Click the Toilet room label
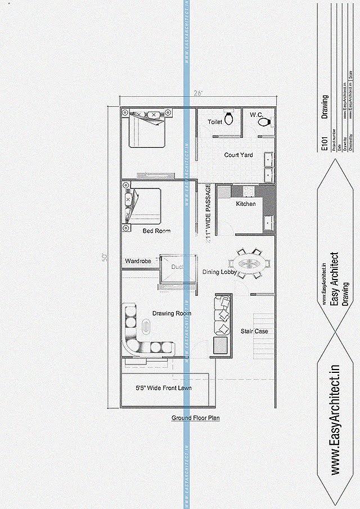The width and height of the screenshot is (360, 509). [214, 121]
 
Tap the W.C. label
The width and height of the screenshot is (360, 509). [257, 115]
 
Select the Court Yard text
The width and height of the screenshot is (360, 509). [238, 155]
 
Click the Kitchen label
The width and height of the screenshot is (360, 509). [245, 204]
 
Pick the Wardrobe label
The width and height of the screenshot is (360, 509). [138, 261]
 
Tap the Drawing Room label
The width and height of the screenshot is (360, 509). [172, 313]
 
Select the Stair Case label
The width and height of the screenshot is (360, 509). [254, 331]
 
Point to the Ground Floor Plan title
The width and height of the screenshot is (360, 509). [195, 418]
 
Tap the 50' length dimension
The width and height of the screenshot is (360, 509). [105, 257]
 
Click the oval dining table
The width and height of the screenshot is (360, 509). [249, 263]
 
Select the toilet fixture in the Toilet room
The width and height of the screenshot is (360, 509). [229, 118]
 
